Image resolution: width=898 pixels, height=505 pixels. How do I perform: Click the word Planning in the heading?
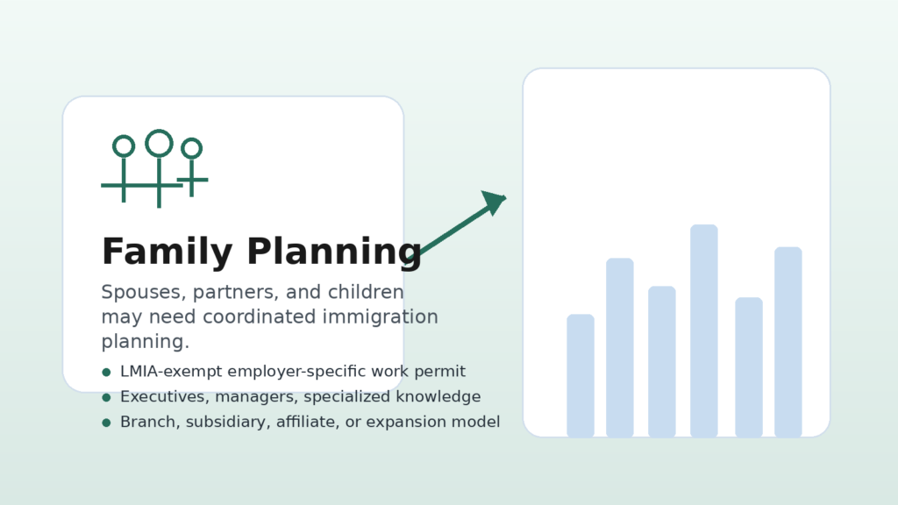point(334,252)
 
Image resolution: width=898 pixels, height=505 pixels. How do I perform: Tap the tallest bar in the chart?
point(704,331)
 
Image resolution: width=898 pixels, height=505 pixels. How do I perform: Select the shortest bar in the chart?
point(581,375)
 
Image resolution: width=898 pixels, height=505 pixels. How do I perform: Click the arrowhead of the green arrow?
point(495,202)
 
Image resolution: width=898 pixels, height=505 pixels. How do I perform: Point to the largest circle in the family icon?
point(160,131)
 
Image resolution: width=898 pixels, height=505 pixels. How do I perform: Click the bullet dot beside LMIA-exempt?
point(106,372)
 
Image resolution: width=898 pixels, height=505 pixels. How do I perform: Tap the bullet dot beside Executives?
point(106,397)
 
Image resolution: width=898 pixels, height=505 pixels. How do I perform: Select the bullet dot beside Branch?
point(106,423)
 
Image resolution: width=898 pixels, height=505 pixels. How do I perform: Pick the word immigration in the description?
point(381,317)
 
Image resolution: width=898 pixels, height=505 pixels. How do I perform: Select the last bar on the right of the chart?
point(788,343)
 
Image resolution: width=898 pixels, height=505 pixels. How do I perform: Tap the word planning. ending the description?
point(146,343)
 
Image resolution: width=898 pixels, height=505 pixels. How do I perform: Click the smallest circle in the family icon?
point(192,139)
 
